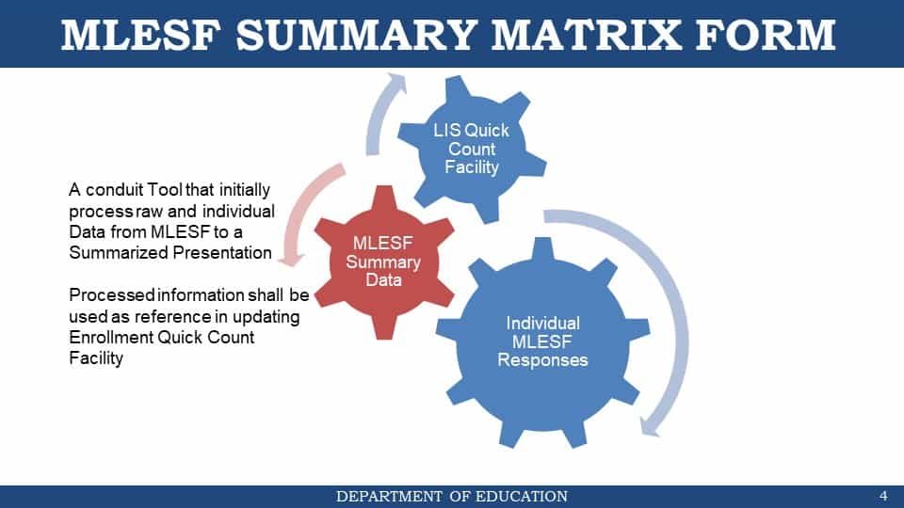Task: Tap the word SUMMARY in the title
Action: click(x=357, y=35)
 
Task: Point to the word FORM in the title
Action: click(x=765, y=35)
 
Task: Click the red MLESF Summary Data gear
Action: click(x=384, y=262)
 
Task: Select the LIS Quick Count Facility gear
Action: click(x=472, y=149)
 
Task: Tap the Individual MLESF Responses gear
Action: click(x=542, y=342)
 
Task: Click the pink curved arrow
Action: click(x=305, y=214)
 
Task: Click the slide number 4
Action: click(x=883, y=496)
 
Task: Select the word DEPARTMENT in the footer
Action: click(x=389, y=496)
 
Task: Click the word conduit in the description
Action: click(x=115, y=189)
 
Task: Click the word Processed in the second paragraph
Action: click(x=112, y=294)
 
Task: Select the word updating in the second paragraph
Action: click(x=266, y=317)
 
